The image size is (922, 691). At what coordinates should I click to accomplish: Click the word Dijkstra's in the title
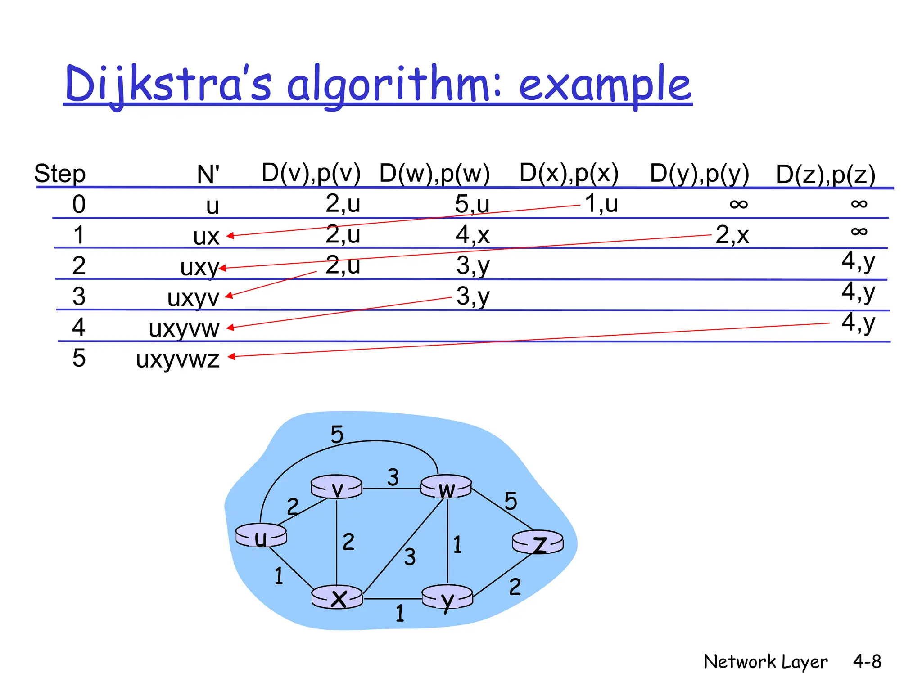tap(168, 84)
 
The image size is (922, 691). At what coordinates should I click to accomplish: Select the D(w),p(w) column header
tap(434, 173)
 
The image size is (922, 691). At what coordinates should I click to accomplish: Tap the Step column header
tap(60, 174)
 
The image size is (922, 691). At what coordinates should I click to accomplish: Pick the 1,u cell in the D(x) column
tap(601, 203)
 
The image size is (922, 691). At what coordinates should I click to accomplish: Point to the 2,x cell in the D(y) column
tap(732, 235)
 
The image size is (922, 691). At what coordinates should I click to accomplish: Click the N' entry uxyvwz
tap(178, 359)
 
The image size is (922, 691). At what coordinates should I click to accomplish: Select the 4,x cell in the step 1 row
tap(472, 235)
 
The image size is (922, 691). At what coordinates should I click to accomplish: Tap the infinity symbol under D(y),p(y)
tap(738, 204)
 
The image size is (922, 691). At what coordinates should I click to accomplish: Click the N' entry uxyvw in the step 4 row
tap(184, 328)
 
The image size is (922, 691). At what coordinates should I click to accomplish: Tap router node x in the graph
tap(337, 597)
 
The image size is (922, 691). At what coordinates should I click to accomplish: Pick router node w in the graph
tap(446, 487)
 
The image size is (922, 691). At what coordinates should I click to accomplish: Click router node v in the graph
tap(336, 487)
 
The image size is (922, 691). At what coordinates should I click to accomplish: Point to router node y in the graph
tap(447, 597)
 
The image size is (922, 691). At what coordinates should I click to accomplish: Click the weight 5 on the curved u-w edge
tap(337, 435)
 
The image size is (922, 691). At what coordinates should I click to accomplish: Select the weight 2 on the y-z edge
tap(515, 587)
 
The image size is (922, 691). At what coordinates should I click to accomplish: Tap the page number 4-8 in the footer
tap(867, 661)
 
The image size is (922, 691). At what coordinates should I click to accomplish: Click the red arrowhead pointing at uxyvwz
tap(231, 357)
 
